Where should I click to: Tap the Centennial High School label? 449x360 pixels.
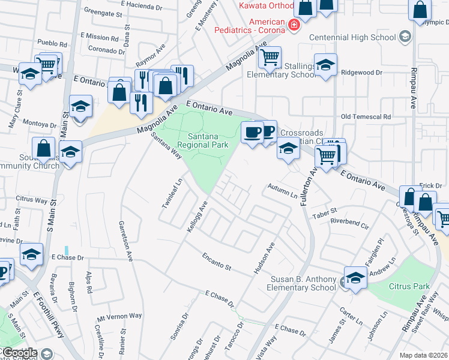coord(352,37)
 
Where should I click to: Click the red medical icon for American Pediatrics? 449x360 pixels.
coord(294,25)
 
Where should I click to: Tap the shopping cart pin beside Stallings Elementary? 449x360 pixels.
coord(270,58)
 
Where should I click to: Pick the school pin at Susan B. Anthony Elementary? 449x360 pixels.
coord(355,278)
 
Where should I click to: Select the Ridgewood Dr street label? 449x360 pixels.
coord(361,73)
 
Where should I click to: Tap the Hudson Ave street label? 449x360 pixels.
coord(264,259)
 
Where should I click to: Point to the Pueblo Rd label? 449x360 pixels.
coord(52,44)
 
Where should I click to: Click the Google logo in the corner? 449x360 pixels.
coord(20,353)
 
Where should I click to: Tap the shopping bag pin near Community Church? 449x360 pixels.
coord(44,148)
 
